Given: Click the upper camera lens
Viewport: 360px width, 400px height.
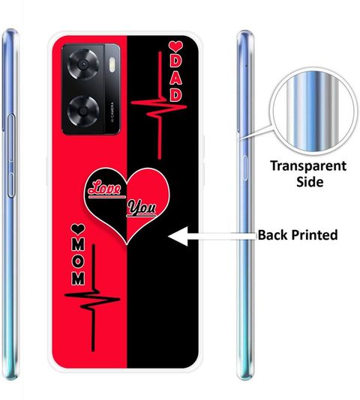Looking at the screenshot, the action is [x=83, y=64].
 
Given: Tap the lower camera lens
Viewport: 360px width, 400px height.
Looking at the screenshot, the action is [x=83, y=112].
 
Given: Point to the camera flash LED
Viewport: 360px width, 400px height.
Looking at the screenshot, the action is [x=112, y=64].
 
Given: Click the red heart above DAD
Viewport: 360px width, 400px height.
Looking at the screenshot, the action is [x=175, y=46].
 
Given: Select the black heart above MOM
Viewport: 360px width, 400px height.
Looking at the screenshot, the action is [x=78, y=229].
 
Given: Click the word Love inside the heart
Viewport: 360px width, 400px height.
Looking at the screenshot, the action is [x=105, y=188].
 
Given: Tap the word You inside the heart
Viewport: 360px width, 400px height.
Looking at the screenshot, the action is [x=142, y=207].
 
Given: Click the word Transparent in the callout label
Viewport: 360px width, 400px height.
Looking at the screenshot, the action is [x=308, y=166].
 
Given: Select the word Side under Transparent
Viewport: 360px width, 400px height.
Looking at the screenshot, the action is [x=310, y=181].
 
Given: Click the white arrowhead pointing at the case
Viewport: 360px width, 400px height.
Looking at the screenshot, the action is [x=178, y=236].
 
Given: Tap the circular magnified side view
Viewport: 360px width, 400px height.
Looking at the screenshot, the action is [x=313, y=112].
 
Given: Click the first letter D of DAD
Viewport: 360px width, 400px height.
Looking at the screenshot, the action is [x=175, y=61].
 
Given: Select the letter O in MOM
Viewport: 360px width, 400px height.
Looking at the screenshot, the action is [x=78, y=262].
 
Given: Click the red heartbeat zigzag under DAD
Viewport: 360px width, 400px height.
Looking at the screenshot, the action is [x=159, y=106].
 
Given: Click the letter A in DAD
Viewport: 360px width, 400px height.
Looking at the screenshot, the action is [x=175, y=79].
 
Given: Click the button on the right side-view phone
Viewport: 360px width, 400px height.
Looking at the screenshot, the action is [x=245, y=169].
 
